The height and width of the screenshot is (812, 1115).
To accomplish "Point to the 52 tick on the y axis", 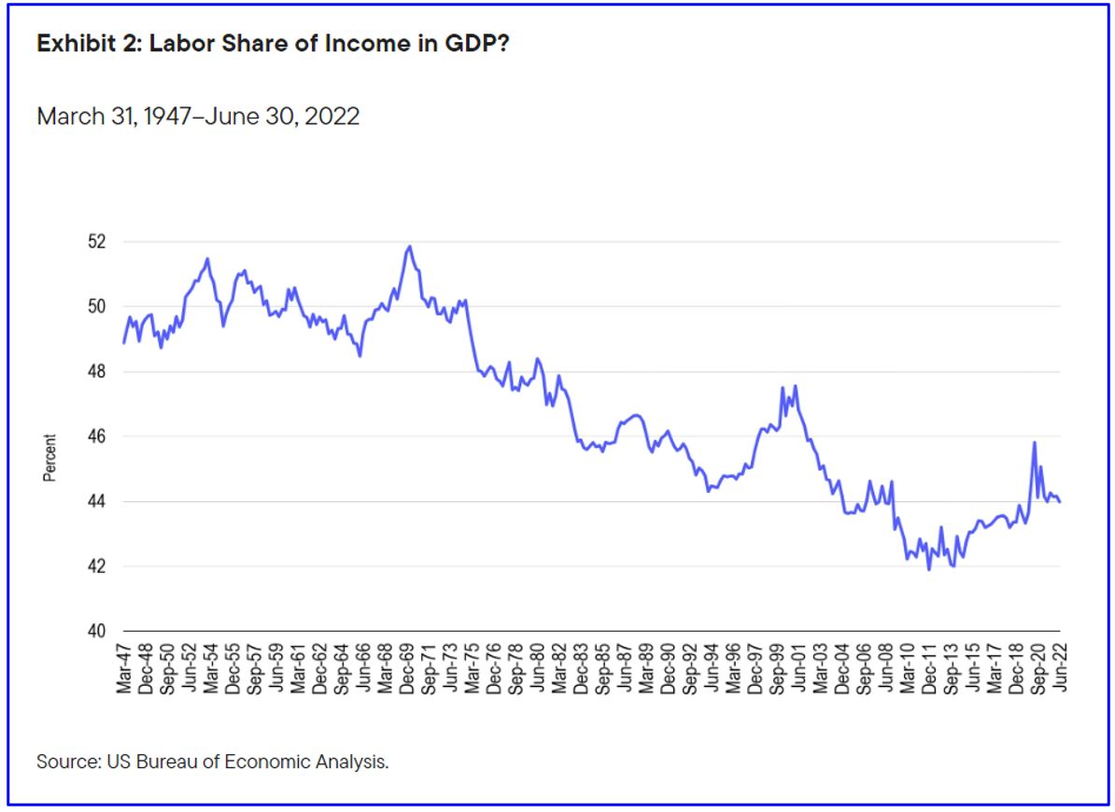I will coord(96,242).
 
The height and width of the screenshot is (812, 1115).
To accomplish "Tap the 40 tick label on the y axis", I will coord(96,632).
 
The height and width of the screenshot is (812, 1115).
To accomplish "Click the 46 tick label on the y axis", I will coord(96,437).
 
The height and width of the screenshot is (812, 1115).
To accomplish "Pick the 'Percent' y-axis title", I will coord(50,457).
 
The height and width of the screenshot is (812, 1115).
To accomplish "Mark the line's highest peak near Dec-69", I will coord(409,246).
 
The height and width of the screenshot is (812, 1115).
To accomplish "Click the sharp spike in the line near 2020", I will coord(1035,442).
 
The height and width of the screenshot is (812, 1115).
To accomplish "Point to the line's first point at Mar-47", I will coord(123,343).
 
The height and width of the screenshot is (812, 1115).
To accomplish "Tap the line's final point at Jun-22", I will coord(1060,502).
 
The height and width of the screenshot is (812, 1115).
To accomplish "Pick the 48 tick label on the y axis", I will coord(96,371).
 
